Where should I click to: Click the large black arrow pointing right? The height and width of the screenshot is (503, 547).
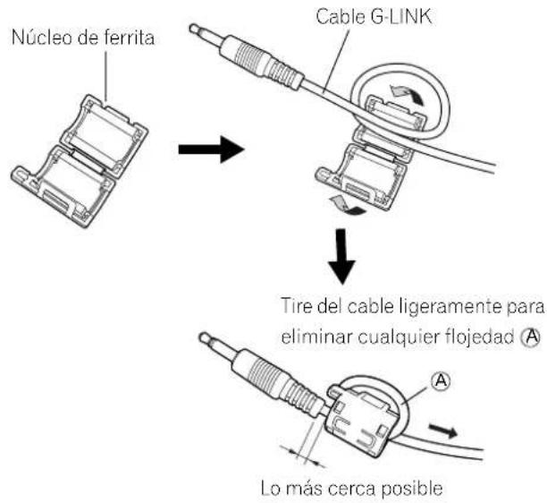tap(211, 149)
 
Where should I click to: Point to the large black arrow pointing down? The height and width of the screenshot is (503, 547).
tap(341, 256)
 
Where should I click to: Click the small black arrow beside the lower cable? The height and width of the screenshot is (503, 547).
tap(443, 431)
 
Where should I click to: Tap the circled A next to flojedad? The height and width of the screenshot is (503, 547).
tap(530, 337)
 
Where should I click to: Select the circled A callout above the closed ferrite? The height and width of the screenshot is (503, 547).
tap(441, 380)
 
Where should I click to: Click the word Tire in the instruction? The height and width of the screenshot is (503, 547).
tap(297, 306)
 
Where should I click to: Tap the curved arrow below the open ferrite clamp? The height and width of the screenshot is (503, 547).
tap(348, 205)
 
